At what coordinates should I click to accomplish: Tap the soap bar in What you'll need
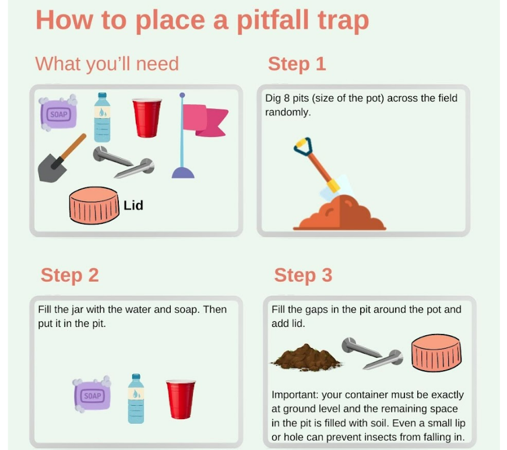(58, 113)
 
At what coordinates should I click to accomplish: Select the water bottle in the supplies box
(103, 118)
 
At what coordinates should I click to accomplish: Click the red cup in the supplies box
(146, 117)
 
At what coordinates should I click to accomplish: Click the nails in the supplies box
(124, 163)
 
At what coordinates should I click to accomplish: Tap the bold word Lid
(133, 205)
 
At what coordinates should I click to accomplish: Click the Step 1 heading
(297, 64)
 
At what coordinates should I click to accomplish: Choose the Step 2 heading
(69, 275)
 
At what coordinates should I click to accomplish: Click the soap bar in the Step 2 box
(92, 395)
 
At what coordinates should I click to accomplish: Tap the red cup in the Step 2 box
(181, 398)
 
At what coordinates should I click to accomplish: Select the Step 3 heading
(303, 275)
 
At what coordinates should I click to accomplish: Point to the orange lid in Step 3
(436, 354)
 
